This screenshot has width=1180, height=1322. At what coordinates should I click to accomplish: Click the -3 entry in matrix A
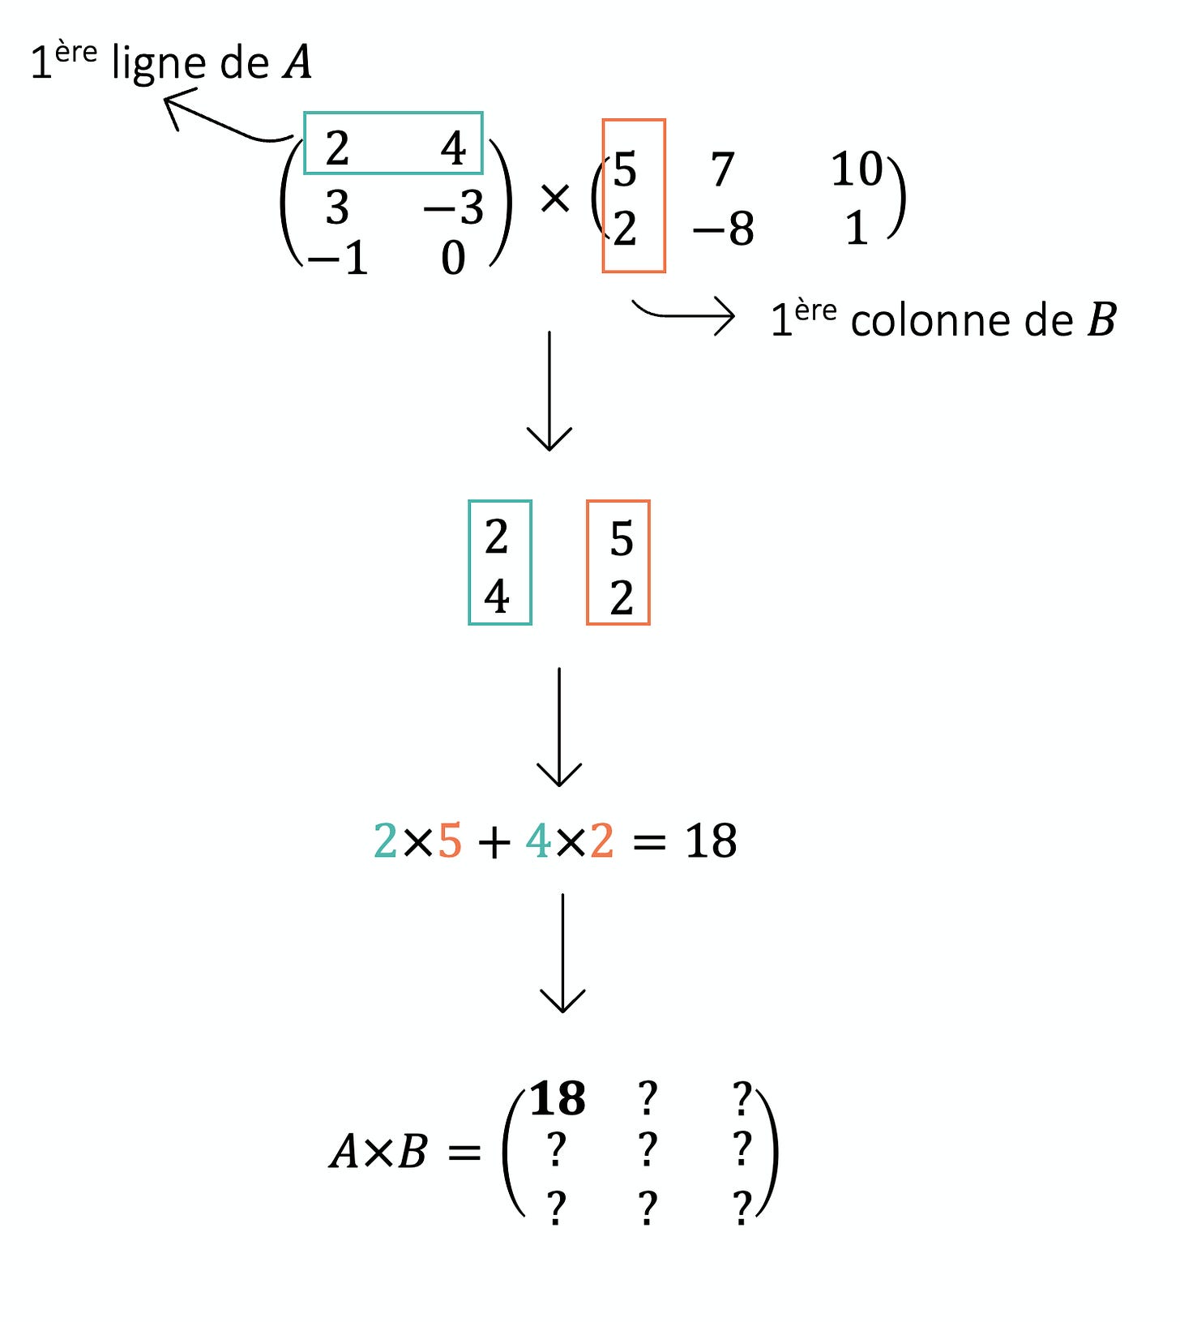[x=454, y=207]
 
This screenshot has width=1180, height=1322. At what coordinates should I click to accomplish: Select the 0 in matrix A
[x=453, y=259]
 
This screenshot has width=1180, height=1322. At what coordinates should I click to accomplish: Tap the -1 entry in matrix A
[x=338, y=259]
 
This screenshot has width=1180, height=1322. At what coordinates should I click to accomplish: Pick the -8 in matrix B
[x=723, y=229]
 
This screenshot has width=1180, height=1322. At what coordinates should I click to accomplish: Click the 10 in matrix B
[x=856, y=169]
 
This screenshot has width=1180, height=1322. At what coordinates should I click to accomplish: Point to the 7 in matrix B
[x=722, y=170]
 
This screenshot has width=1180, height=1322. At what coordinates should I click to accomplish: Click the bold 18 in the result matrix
[x=558, y=1099]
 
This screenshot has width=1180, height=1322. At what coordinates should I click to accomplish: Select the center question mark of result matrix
[x=647, y=1149]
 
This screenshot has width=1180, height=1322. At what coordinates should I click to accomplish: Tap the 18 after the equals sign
[x=711, y=841]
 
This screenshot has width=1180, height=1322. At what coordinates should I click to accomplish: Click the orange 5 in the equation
[x=450, y=841]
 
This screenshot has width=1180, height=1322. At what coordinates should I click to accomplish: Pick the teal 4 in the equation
[x=538, y=841]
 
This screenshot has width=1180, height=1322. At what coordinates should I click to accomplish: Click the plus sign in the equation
[x=494, y=843]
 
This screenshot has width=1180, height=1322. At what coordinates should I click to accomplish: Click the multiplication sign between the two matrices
[x=555, y=199]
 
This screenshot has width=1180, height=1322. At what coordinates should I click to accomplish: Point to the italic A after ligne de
[x=297, y=62]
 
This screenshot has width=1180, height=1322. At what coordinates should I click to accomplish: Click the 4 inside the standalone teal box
[x=497, y=597]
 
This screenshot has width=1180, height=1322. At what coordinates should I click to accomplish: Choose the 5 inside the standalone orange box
[x=622, y=539]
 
